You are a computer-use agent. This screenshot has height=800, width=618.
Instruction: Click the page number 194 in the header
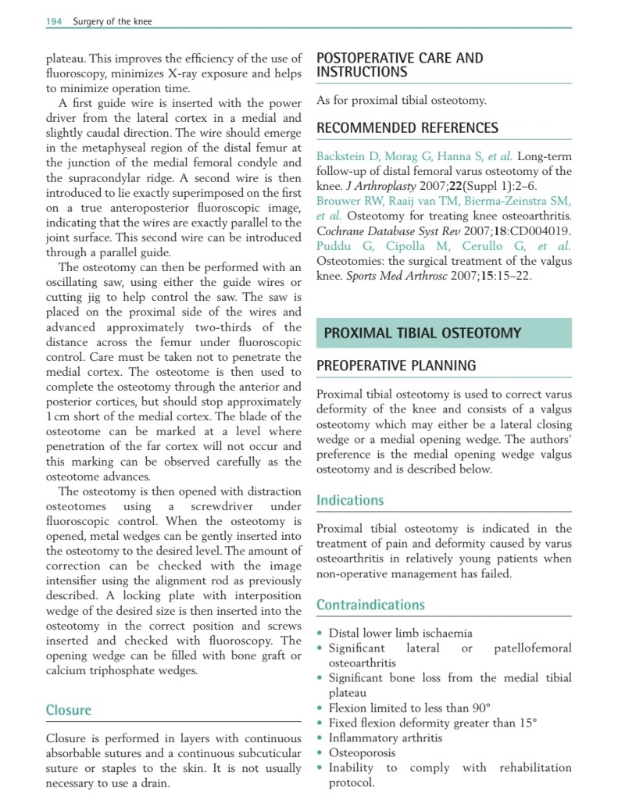(54, 21)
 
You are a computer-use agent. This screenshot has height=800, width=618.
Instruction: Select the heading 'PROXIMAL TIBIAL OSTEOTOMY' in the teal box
(422, 334)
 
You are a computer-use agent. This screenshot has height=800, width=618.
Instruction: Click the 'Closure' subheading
(69, 710)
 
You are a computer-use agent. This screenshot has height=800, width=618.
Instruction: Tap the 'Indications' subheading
(350, 500)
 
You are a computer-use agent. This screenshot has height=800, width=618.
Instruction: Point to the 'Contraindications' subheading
(370, 605)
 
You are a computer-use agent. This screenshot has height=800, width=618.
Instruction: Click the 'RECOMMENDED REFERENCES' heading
(407, 128)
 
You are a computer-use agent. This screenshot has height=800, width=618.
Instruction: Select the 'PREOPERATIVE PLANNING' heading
(396, 366)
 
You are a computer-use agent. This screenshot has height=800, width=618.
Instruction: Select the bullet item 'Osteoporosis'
(362, 752)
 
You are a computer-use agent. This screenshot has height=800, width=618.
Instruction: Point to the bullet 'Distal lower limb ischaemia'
(400, 634)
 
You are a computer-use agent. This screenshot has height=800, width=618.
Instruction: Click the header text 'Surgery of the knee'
(113, 21)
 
